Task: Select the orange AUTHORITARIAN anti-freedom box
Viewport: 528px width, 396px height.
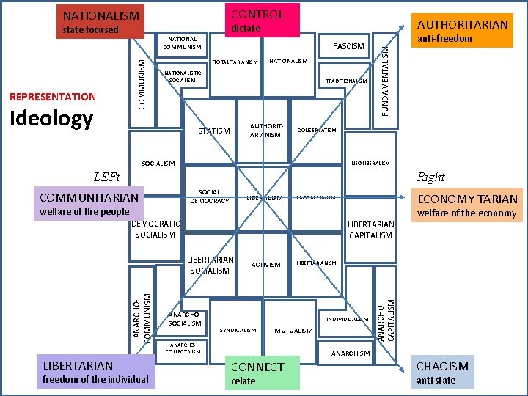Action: click(461, 30)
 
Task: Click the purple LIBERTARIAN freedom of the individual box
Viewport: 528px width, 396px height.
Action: click(95, 371)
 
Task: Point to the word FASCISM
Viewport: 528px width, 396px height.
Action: click(348, 46)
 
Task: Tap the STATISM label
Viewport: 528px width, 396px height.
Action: click(215, 131)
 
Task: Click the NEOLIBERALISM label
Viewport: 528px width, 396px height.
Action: click(371, 163)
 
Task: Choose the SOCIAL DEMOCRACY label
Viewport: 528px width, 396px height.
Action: click(210, 197)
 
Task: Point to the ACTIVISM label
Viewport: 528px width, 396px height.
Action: click(265, 265)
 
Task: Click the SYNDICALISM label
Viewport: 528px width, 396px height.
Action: click(238, 330)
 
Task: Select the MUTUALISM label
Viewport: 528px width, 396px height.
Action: click(293, 331)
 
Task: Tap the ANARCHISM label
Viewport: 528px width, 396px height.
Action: click(351, 353)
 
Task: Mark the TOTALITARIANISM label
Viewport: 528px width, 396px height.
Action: click(235, 62)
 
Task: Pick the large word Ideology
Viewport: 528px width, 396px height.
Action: click(51, 119)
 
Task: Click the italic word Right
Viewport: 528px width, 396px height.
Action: click(430, 177)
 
